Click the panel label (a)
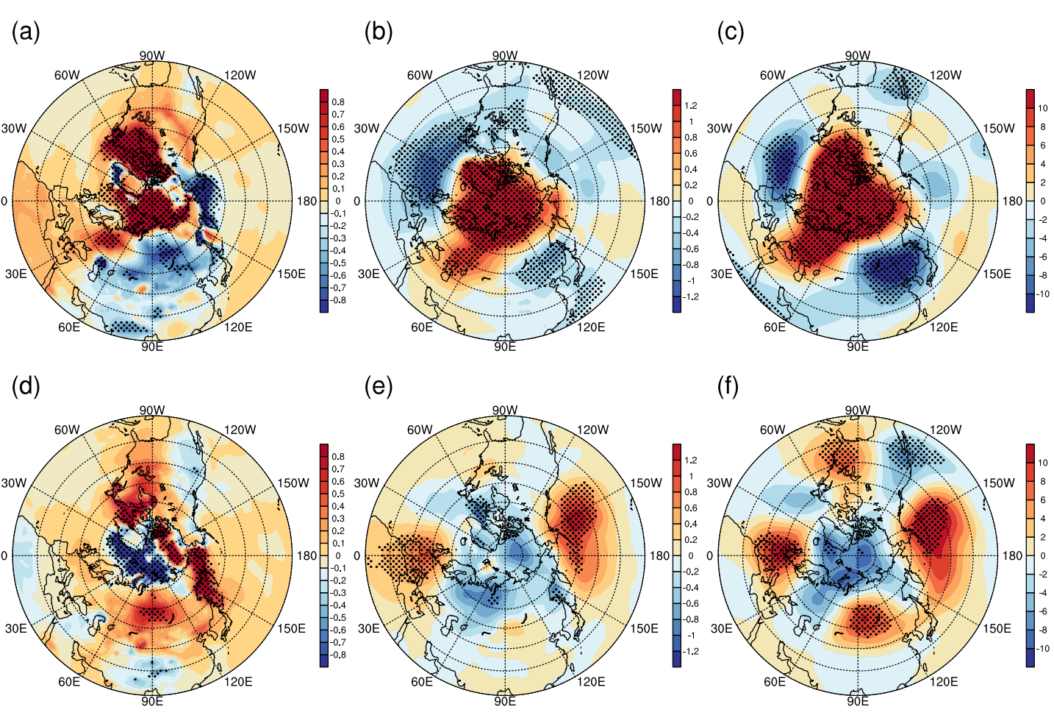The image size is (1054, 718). pos(26,32)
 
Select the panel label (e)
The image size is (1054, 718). pos(379,386)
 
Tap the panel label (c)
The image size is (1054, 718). pos(731,32)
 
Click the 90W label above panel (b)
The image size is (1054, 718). pos(505,56)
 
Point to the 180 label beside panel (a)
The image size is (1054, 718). pos(306,201)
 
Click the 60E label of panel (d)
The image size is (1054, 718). pos(69,682)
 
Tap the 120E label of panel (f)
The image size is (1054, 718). pos(944,682)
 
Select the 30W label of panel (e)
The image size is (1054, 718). pos(367,483)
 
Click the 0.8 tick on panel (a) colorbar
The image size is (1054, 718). pos(338,102)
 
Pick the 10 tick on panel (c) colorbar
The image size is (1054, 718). pos(1042,108)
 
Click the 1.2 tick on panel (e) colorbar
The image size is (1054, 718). pos(691,461)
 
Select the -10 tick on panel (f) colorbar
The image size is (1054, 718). pos(1042,649)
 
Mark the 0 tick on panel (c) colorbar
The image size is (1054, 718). pos(1043,201)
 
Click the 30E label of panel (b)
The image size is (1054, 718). pos(369,274)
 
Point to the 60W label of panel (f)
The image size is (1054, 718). pos(772,430)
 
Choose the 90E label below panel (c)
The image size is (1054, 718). pos(858,346)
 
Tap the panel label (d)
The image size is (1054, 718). pos(26,386)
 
